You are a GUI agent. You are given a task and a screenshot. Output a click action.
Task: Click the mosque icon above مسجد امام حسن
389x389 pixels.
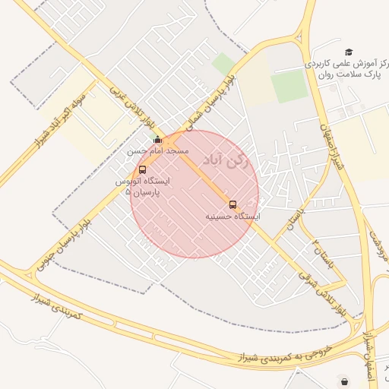157,140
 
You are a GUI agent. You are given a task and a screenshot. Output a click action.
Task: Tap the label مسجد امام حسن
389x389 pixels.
157,151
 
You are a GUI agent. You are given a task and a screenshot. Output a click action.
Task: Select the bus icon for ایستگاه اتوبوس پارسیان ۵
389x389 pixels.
142,169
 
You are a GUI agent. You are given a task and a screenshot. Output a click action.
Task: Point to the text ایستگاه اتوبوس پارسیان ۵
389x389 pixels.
142,187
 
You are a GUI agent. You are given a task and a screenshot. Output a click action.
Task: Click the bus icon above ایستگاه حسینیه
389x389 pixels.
232,204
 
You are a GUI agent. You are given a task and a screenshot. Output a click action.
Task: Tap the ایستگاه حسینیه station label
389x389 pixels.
232,217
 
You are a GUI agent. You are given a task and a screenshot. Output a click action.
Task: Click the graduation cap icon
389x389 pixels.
349,52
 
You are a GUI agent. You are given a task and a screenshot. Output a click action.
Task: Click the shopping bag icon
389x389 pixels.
346,381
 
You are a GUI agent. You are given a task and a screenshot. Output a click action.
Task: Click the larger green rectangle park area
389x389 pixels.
289,87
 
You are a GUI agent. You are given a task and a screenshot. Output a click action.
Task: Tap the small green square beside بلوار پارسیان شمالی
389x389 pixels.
223,63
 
